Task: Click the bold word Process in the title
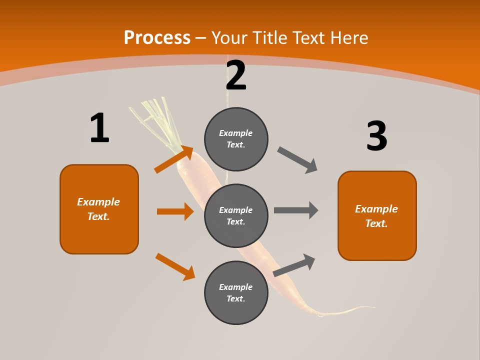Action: click(x=157, y=37)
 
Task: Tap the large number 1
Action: click(x=99, y=128)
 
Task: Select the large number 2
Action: click(x=236, y=75)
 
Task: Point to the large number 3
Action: click(x=376, y=136)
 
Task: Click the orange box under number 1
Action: click(x=99, y=209)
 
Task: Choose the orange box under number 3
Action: click(x=377, y=215)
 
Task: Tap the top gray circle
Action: click(x=236, y=139)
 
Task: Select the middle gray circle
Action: click(x=236, y=215)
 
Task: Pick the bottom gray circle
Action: click(x=236, y=292)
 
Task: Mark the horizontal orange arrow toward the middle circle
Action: click(x=175, y=211)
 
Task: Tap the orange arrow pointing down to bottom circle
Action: click(x=175, y=266)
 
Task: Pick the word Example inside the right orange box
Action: click(x=376, y=209)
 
